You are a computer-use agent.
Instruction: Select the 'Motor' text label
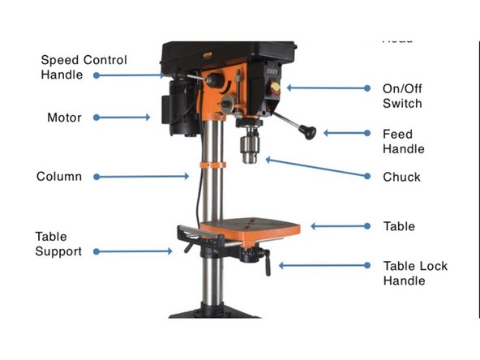click(64, 118)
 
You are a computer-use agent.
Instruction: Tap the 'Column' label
click(59, 176)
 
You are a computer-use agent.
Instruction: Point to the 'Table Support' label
click(58, 244)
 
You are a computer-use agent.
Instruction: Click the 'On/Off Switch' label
click(402, 96)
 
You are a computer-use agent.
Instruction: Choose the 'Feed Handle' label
click(403, 141)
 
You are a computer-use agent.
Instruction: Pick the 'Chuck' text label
click(401, 177)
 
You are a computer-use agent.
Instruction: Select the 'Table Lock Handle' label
click(414, 273)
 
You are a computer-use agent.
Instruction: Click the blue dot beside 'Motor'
click(96, 118)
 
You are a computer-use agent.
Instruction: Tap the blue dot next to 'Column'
click(96, 176)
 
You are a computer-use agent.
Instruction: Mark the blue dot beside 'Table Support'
click(96, 251)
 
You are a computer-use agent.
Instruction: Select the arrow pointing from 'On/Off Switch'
click(319, 88)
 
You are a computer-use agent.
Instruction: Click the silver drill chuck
click(248, 148)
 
